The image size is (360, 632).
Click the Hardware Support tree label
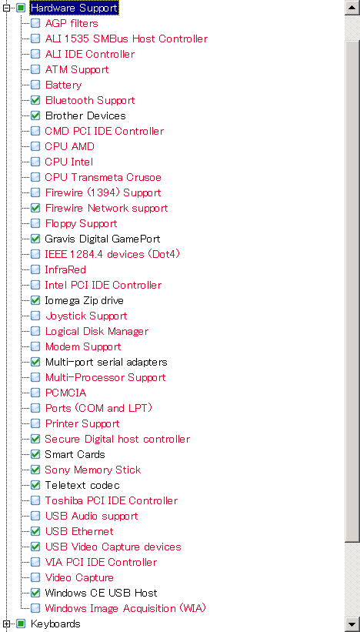(74, 8)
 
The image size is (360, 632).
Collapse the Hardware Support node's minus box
(6, 8)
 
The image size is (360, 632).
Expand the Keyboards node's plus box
(6, 624)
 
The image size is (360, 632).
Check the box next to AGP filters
(35, 23)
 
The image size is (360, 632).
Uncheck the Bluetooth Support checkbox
(35, 100)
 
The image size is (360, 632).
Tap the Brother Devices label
(85, 115)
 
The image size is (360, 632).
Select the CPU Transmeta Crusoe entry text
(103, 177)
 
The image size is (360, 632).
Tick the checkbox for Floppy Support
(35, 223)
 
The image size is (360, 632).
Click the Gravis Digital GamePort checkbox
(35, 239)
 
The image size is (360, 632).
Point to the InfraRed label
(65, 269)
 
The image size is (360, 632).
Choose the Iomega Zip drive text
(84, 300)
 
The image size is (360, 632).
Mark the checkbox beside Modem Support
(35, 346)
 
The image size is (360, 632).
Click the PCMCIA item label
(65, 393)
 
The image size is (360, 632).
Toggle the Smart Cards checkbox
(35, 454)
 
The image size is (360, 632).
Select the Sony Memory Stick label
(93, 470)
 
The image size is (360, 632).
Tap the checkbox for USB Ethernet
(35, 531)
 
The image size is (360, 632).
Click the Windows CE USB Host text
(101, 593)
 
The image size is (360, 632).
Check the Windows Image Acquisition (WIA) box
(35, 608)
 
